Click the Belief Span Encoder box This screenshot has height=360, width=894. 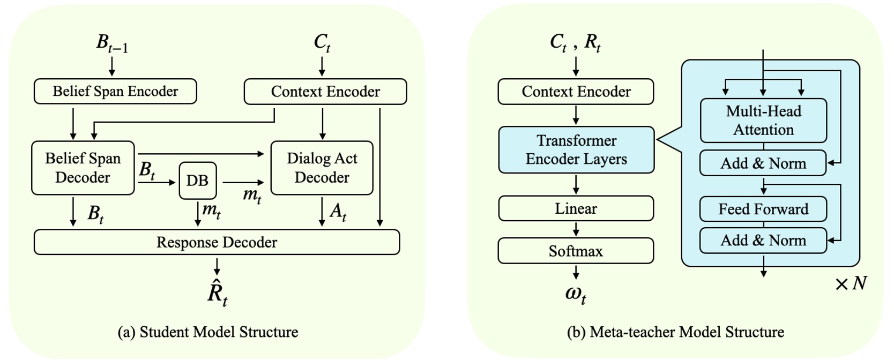(x=115, y=92)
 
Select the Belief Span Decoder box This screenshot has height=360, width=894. (x=83, y=168)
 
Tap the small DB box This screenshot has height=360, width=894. (x=197, y=181)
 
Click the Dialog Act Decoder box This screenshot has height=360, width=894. (x=322, y=168)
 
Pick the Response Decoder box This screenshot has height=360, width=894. (x=217, y=242)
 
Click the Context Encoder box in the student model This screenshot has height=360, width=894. (x=325, y=92)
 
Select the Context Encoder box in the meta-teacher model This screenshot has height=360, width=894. (x=576, y=92)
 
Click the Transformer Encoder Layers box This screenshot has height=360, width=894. (x=576, y=150)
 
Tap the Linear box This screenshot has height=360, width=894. (x=576, y=208)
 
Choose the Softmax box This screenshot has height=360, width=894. (x=576, y=251)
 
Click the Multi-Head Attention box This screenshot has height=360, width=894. (x=763, y=121)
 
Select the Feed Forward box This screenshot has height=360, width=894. (x=763, y=209)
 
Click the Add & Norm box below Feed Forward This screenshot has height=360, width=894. (x=763, y=240)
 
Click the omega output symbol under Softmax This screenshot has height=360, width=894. (x=576, y=294)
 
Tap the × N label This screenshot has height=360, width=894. (x=851, y=283)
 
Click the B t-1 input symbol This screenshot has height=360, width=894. (x=111, y=43)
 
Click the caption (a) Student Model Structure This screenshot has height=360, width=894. (x=208, y=332)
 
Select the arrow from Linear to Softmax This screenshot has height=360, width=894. (x=576, y=229)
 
